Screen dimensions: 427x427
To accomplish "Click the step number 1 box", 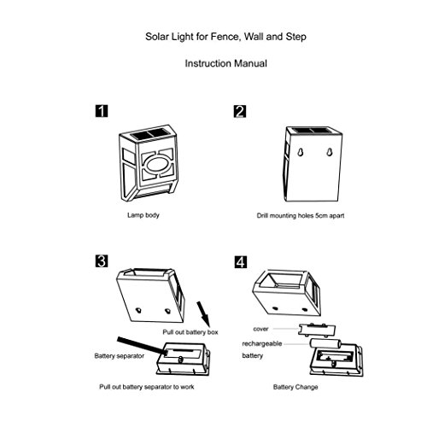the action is (102, 111).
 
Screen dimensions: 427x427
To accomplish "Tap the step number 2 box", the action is (240, 111).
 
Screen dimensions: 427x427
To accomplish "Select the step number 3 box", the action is (102, 261).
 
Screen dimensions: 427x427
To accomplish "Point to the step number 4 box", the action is (241, 262).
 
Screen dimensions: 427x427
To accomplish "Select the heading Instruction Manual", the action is (226, 63).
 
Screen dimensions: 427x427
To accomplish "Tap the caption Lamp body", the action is (143, 215).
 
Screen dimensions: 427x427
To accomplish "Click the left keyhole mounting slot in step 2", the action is (300, 152).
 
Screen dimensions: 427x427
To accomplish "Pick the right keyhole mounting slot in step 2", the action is (330, 152).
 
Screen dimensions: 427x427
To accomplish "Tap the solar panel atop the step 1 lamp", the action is (148, 134).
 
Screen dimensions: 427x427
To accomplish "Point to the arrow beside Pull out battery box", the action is (203, 314).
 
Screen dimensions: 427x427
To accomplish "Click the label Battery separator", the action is (120, 356).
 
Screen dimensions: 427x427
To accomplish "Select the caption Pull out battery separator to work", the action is (147, 387).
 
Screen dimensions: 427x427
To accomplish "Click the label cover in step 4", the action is (260, 329).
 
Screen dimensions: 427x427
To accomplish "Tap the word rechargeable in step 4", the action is (262, 344).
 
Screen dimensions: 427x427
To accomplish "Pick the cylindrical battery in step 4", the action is (325, 343).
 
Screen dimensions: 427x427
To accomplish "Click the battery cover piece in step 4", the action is (317, 330).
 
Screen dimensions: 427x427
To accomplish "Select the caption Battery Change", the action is (295, 387).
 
